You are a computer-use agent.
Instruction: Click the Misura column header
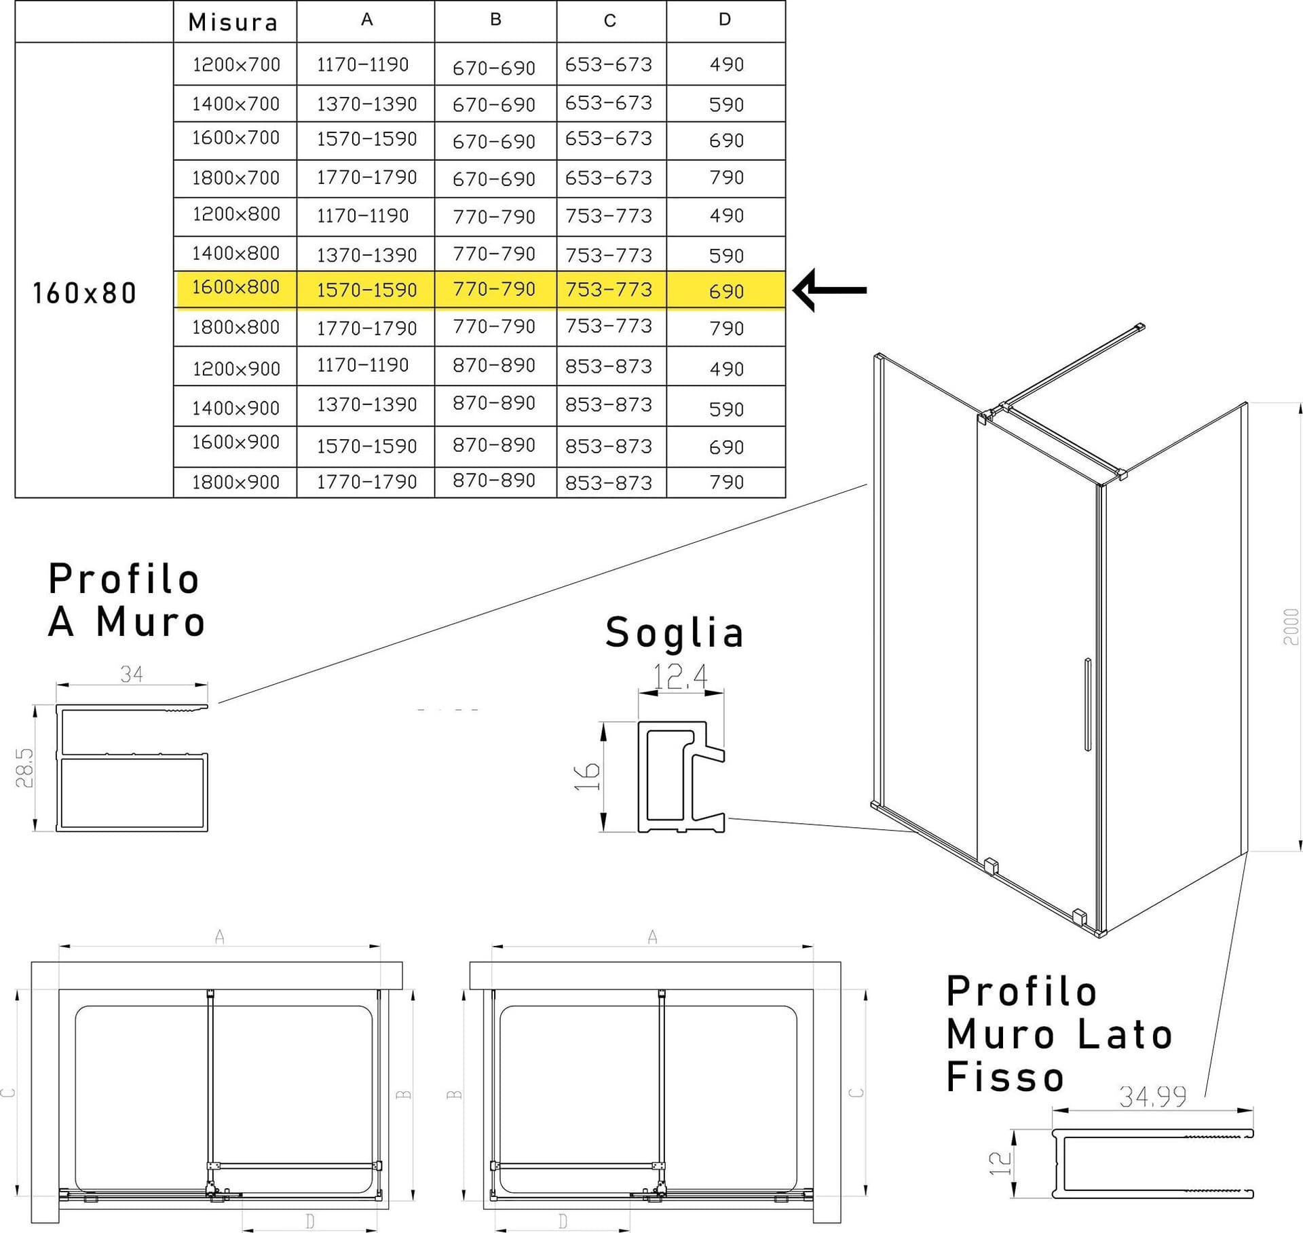pos(233,22)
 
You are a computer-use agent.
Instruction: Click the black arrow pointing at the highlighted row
pos(830,290)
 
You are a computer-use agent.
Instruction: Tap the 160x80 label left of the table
pos(85,293)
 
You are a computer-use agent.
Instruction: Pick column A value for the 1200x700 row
pos(362,64)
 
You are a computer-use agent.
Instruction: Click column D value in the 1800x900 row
pos(726,482)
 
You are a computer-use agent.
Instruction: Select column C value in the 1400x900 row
pos(608,404)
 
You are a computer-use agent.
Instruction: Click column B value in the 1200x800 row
pos(494,216)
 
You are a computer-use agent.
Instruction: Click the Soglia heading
pos(675,632)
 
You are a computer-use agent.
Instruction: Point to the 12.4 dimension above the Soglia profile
pos(680,676)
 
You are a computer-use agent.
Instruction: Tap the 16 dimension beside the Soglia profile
pos(587,776)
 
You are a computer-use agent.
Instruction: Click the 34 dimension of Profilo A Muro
pos(132,674)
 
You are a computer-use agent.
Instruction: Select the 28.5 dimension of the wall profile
pos(25,767)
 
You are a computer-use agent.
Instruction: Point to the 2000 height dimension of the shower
pos(1291,626)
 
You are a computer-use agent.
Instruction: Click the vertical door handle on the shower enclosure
pos(1088,704)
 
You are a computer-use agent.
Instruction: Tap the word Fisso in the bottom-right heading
pos(1005,1078)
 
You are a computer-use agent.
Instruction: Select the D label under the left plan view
pos(310,1221)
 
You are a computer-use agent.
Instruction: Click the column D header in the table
pos(725,20)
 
